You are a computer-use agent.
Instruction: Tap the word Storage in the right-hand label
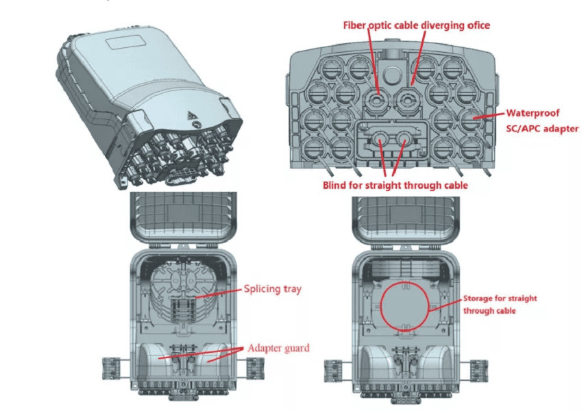click(x=479, y=299)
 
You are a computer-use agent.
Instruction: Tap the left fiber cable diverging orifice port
click(x=374, y=102)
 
